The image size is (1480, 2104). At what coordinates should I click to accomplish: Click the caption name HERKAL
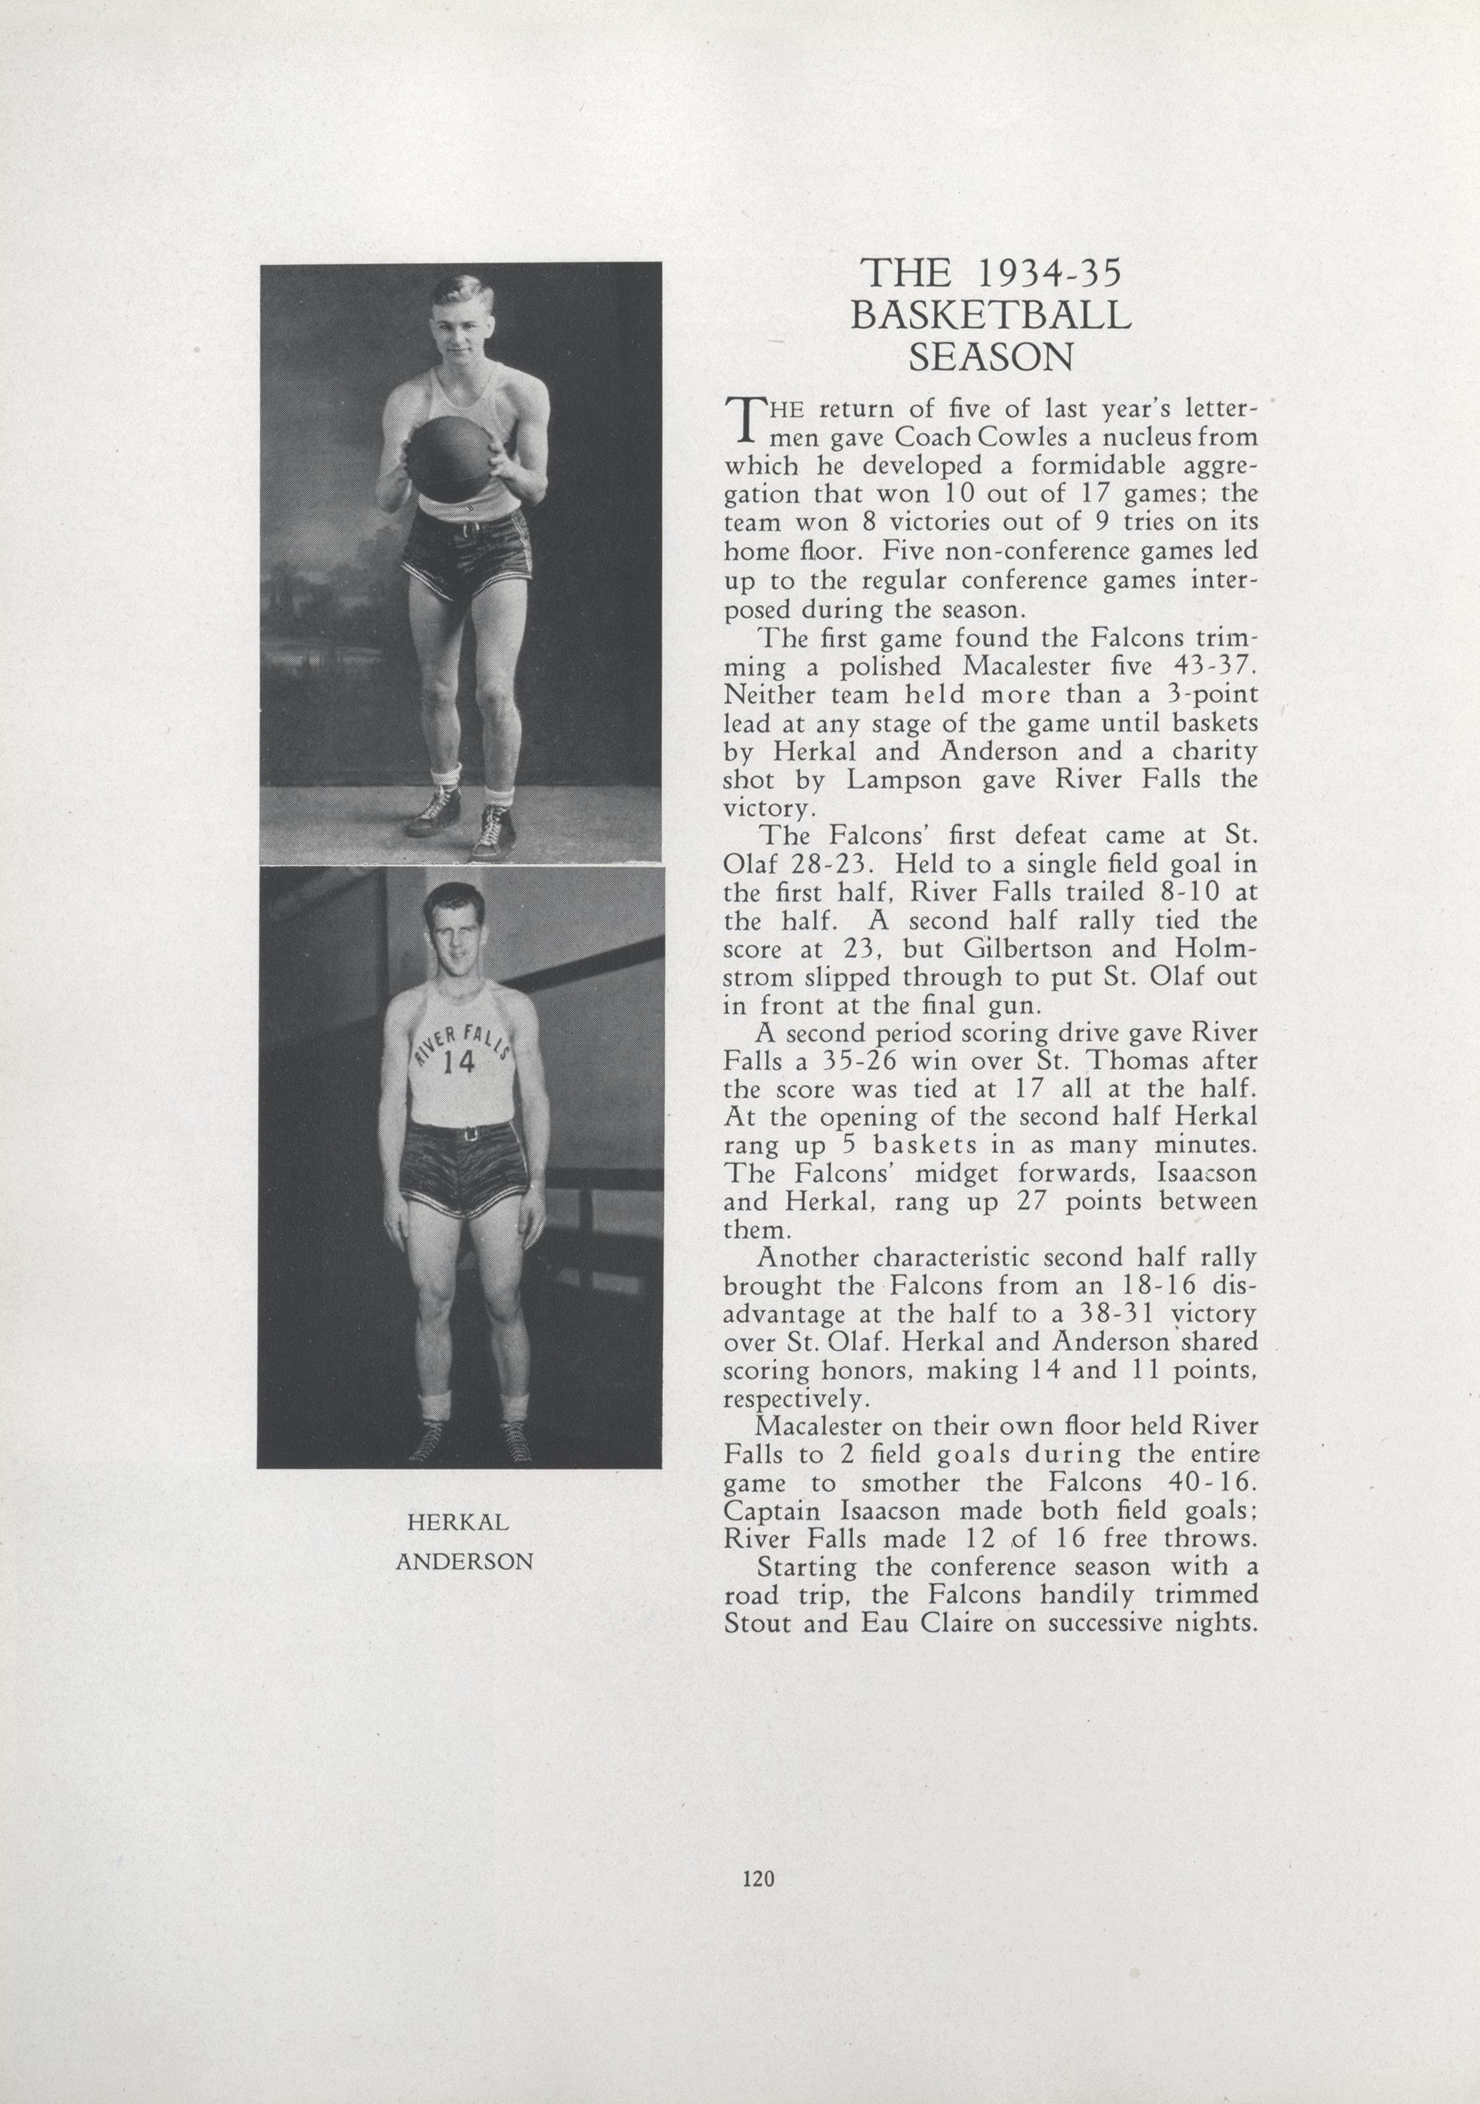click(x=457, y=1522)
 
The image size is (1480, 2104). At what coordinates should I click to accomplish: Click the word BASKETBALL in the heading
click(x=990, y=315)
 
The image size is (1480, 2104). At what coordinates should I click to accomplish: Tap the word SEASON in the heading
click(x=990, y=357)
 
